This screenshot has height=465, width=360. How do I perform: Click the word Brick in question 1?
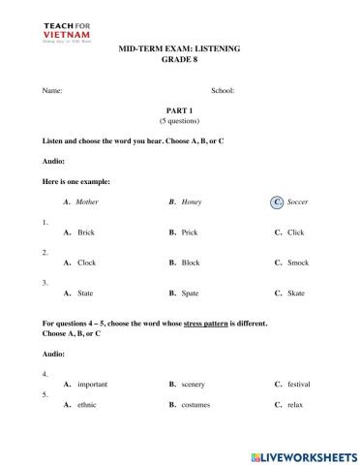coord(85,232)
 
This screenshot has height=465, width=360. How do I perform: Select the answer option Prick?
coord(190,232)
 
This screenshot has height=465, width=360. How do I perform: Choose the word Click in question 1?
coord(295,232)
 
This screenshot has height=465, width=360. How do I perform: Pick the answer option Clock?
coord(86,263)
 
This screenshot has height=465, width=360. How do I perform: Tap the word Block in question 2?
coord(191,263)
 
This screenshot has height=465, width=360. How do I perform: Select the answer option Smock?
coord(297,263)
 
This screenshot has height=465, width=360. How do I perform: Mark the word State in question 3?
coord(85,293)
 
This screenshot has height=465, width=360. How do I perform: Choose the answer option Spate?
coord(190,293)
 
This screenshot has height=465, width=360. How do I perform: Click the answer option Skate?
coord(295,293)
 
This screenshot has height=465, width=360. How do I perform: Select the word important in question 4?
coord(92,385)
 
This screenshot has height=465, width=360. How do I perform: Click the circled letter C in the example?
coord(278,202)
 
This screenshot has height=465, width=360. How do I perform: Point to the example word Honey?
coord(193,202)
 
